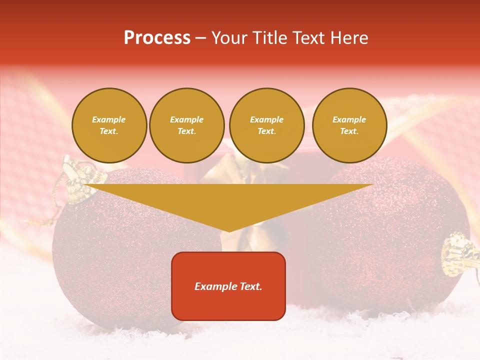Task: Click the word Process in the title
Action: point(157,38)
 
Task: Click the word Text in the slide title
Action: point(308,38)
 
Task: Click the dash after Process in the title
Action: point(200,38)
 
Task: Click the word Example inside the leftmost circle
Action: point(109,119)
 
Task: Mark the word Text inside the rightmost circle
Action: point(349,131)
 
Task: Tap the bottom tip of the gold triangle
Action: point(229,231)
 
